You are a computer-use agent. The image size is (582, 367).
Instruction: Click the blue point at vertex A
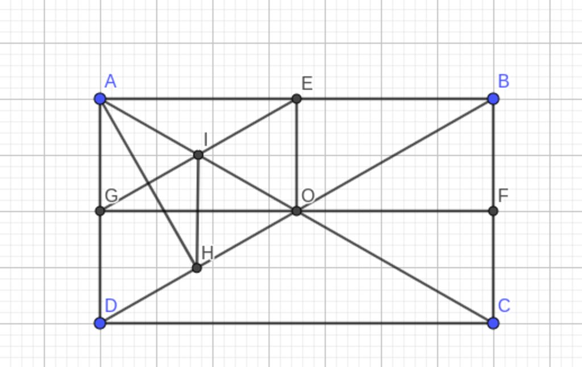(100, 99)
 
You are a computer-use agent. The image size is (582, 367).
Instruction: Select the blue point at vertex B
(493, 99)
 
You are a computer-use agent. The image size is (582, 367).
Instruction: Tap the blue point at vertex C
(493, 323)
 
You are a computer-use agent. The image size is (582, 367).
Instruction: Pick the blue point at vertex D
(100, 323)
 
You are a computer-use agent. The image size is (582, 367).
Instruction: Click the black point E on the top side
(296, 99)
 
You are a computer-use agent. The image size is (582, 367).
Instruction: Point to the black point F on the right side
(493, 211)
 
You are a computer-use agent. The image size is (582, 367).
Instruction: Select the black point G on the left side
(100, 211)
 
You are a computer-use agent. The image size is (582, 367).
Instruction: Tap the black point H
(197, 268)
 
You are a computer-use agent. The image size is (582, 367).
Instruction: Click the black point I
(198, 155)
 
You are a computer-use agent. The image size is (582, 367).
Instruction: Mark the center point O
(296, 211)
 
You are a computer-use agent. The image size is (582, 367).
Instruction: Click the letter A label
(111, 81)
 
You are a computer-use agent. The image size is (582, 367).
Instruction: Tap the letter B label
(504, 81)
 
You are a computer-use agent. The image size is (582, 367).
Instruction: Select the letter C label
(504, 306)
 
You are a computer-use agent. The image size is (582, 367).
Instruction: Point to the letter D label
(111, 306)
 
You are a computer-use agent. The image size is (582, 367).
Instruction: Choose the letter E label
(307, 84)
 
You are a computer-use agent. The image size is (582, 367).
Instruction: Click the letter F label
(503, 195)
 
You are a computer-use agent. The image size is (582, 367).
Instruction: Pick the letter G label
(111, 195)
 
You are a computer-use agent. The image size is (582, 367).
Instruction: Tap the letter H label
(207, 253)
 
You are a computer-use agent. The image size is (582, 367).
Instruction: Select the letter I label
(206, 140)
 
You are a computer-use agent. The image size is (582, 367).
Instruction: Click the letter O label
(308, 195)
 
